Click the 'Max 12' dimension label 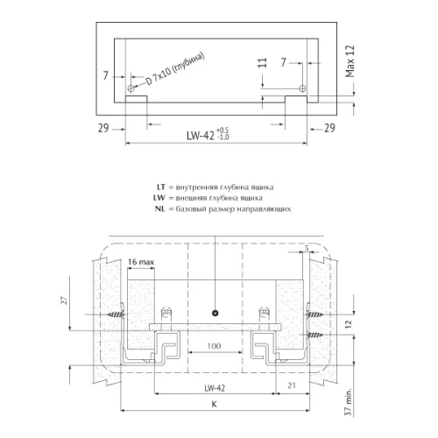[x=350, y=61]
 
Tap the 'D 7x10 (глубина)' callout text [x=174, y=69]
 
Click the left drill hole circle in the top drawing [x=131, y=88]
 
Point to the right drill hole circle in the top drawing [x=302, y=88]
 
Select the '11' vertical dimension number [x=263, y=63]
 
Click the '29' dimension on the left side [x=103, y=128]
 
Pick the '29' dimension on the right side [x=329, y=128]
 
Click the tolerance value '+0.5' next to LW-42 [x=223, y=131]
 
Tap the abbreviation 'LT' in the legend [x=161, y=187]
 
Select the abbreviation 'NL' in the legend [x=160, y=209]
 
